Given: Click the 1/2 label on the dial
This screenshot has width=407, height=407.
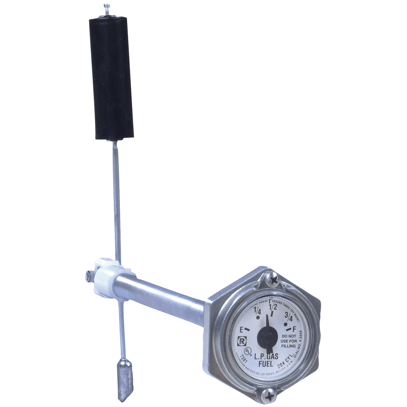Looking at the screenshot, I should (x=273, y=307).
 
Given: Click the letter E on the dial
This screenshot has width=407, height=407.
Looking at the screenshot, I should (x=241, y=329).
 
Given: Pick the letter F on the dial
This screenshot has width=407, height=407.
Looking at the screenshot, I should (x=294, y=329).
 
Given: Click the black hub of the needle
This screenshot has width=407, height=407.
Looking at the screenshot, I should (x=266, y=337).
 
